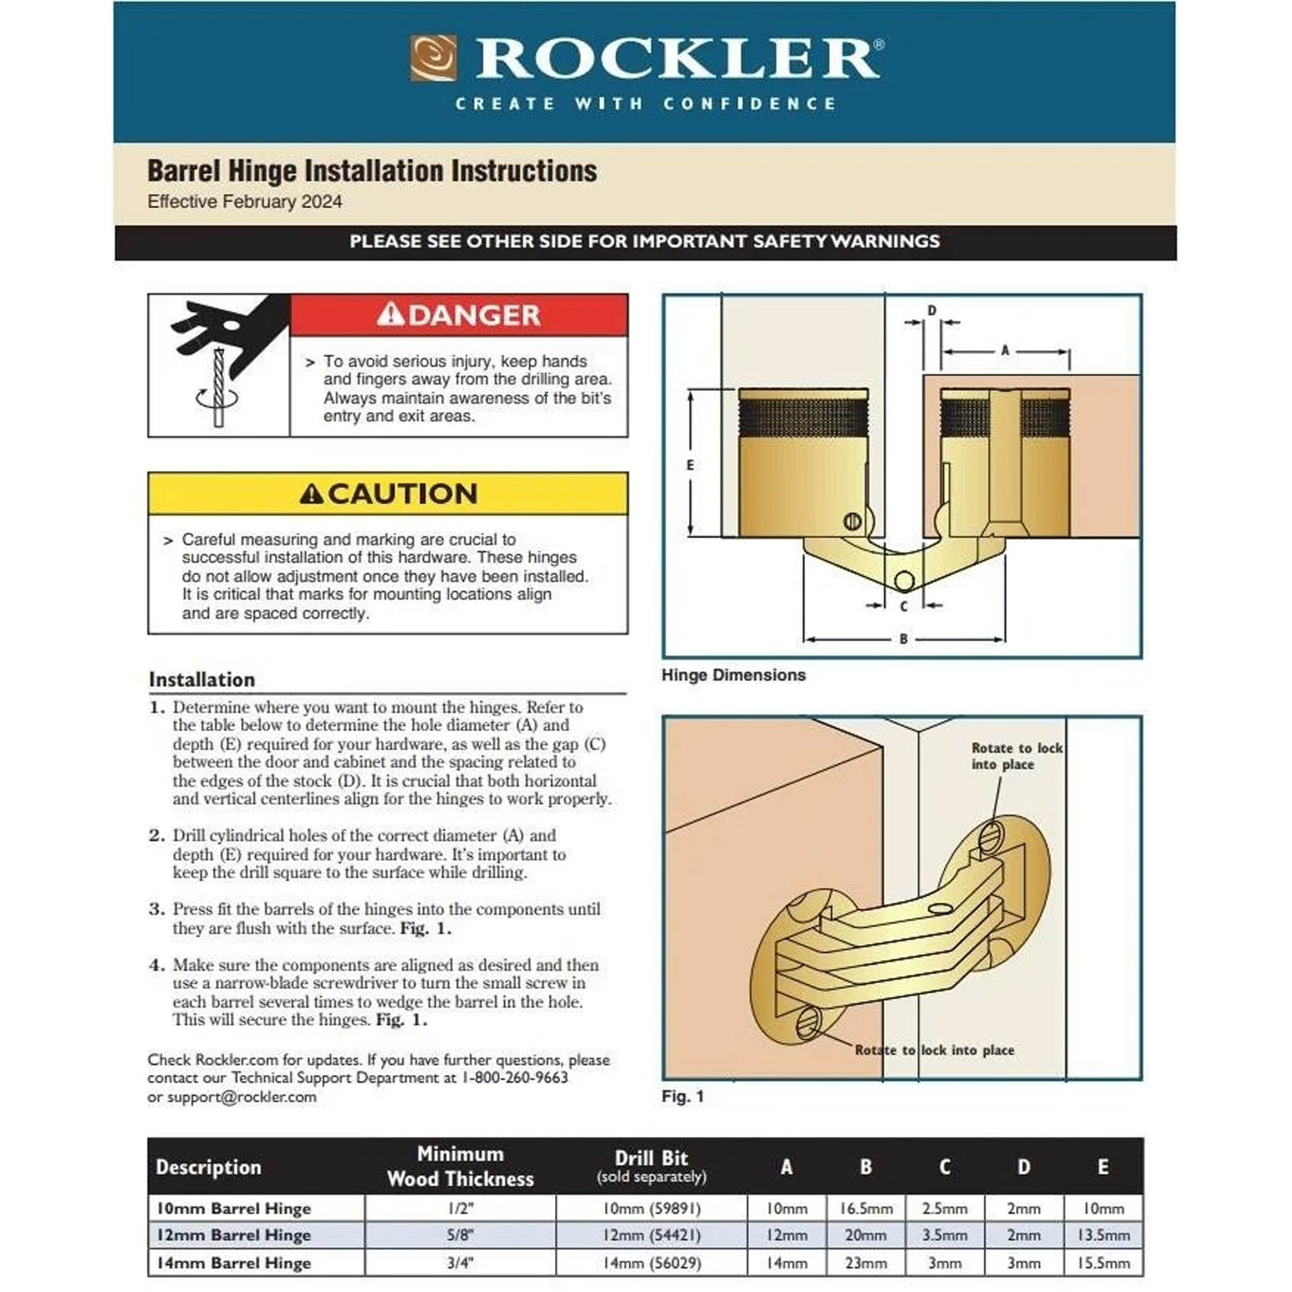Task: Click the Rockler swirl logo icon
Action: [x=433, y=58]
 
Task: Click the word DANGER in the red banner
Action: [x=474, y=315]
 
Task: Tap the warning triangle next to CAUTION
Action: [x=311, y=494]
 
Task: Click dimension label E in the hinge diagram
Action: [x=690, y=464]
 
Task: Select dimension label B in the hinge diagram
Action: [x=904, y=639]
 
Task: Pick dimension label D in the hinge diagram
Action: [x=932, y=310]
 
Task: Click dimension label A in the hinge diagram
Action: [x=1005, y=350]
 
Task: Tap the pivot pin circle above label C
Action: [x=904, y=581]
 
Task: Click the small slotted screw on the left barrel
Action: [x=852, y=521]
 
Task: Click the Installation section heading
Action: [x=202, y=680]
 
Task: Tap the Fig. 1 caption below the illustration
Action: [x=682, y=1096]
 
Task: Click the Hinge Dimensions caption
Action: [x=733, y=675]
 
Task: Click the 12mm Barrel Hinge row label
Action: [x=233, y=1235]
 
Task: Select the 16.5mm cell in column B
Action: [x=866, y=1209]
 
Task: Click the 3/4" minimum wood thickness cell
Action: [x=459, y=1262]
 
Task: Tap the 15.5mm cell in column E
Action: [x=1103, y=1262]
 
